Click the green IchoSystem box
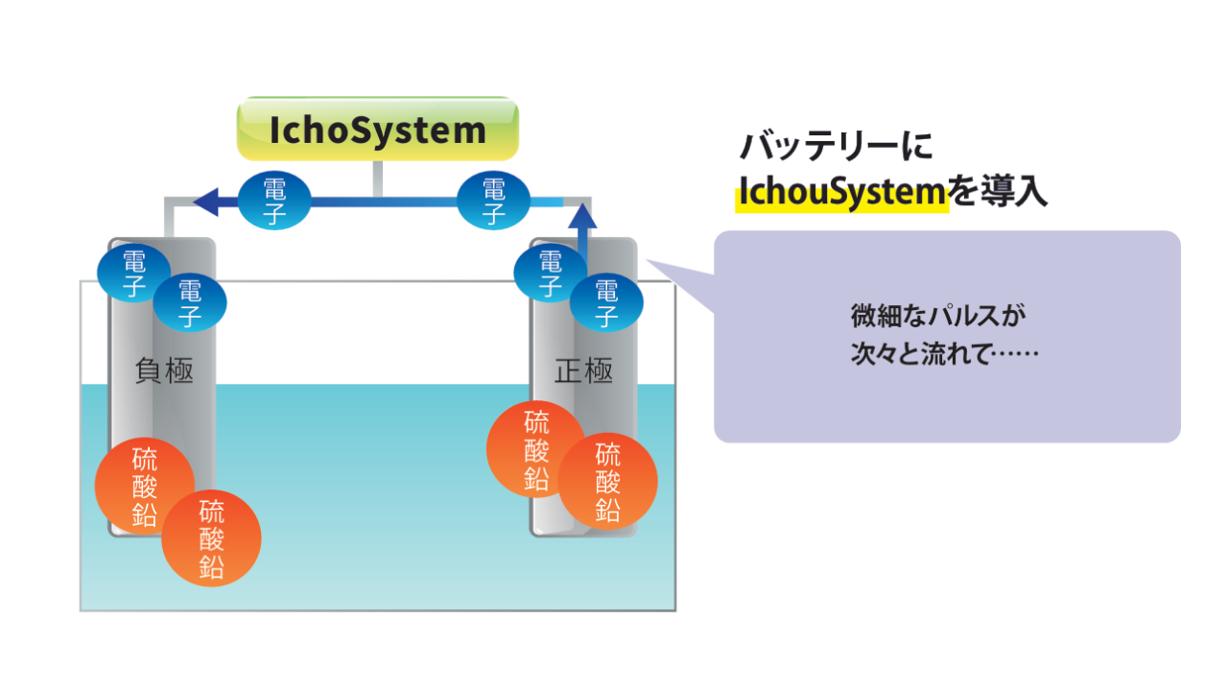point(378,130)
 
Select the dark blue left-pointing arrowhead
point(207,202)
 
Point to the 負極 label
point(164,371)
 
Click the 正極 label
point(583,371)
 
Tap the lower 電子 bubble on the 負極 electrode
point(190,303)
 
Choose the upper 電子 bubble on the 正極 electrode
point(550,273)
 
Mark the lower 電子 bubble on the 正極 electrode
point(606,303)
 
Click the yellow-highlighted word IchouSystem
point(841,193)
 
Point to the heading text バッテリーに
point(836,147)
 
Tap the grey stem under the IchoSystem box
point(378,179)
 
